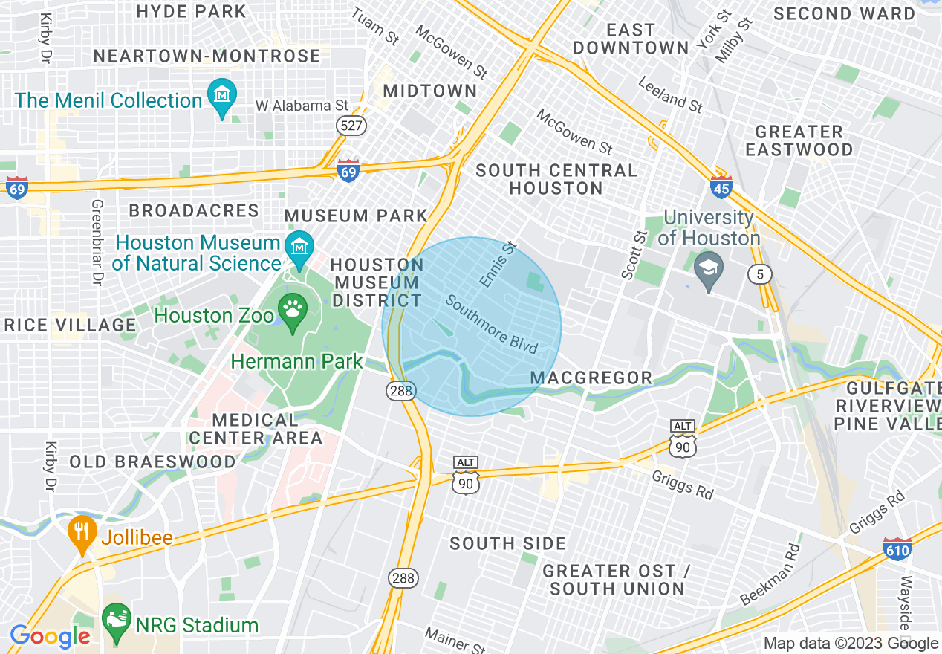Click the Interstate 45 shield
[x=720, y=187]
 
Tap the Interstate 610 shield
[x=897, y=549]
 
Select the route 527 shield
[x=351, y=125]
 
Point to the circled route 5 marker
[x=760, y=274]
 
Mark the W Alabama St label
[x=302, y=106]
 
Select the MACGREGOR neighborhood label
[x=591, y=378]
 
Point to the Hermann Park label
[x=296, y=362]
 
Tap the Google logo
[x=50, y=636]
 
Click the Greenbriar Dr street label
[x=95, y=242]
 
